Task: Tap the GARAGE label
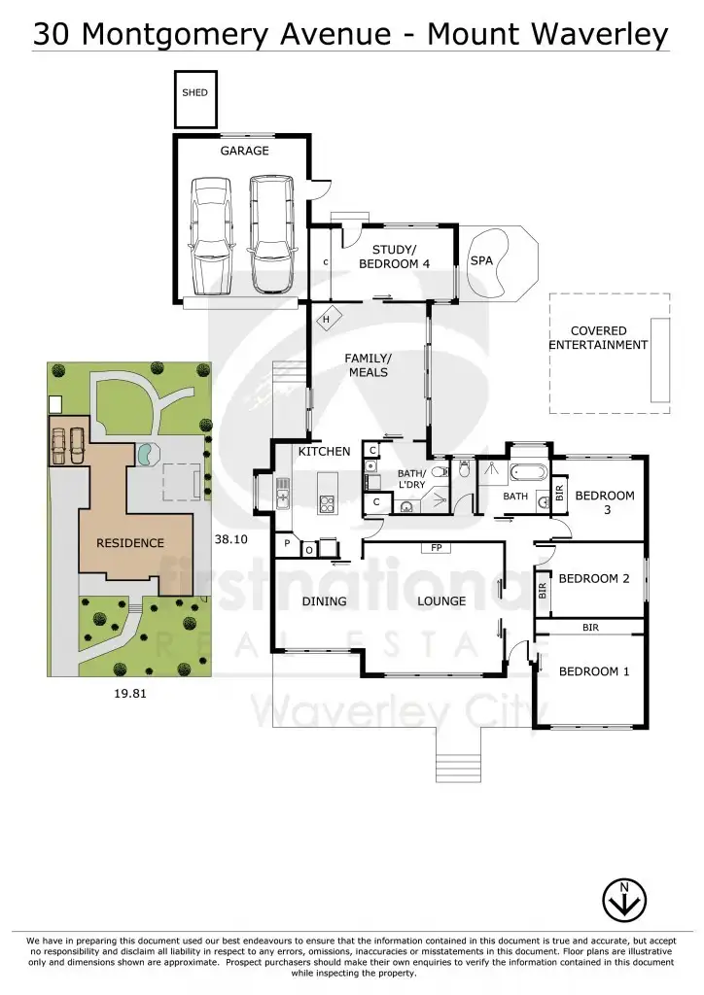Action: click(244, 151)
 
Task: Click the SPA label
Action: click(481, 261)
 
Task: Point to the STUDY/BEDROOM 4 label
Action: click(394, 257)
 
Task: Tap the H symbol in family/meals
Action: click(327, 320)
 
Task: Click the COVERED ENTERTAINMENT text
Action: click(597, 338)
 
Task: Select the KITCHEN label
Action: click(324, 452)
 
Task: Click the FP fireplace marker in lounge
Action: click(435, 548)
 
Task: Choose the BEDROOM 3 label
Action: click(605, 501)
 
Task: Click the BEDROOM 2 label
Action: click(594, 578)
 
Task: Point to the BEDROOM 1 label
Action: click(593, 671)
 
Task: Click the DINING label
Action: click(324, 601)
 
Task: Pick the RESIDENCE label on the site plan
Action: click(129, 542)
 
